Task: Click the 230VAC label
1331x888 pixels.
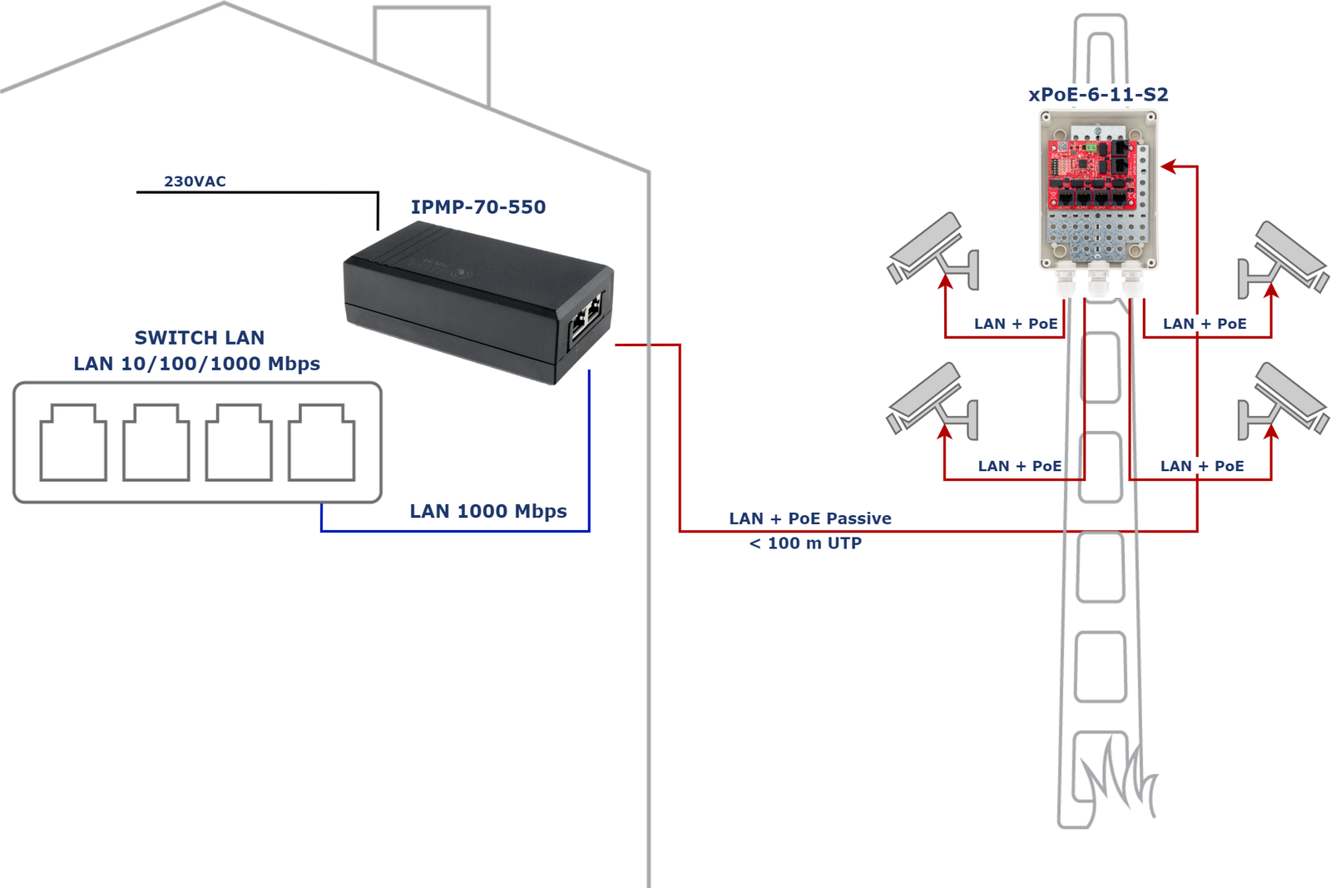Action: point(195,181)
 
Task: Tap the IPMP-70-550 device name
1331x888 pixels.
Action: point(478,207)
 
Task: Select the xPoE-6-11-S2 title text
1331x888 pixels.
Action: point(1098,95)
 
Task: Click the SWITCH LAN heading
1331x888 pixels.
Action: point(200,338)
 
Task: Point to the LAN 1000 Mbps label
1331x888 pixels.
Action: point(488,511)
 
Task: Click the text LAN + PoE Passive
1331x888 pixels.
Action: point(810,518)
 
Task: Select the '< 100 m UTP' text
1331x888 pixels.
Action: point(805,543)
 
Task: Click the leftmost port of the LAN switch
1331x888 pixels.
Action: point(73,443)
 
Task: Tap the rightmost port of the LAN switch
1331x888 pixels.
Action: point(322,443)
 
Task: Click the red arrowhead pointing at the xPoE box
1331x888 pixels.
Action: point(1169,166)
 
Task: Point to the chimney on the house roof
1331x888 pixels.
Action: point(432,50)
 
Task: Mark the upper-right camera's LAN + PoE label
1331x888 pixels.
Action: point(1205,324)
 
